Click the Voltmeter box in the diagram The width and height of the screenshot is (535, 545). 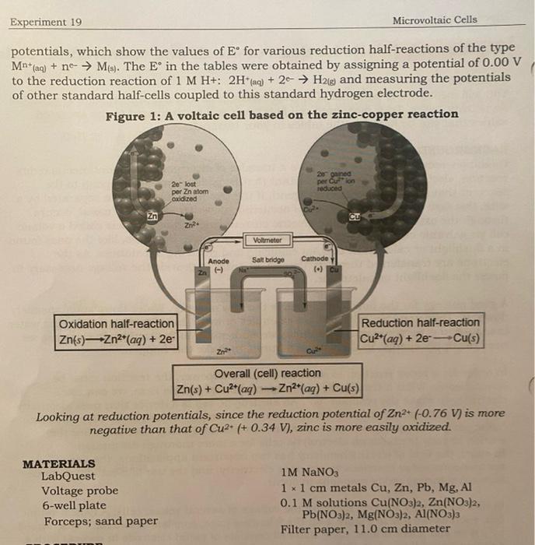(x=266, y=239)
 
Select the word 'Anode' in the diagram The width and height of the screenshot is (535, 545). (x=219, y=261)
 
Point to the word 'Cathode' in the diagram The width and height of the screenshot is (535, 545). (x=315, y=259)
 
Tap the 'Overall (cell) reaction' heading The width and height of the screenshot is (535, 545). (x=267, y=373)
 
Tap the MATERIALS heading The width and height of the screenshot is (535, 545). (x=59, y=463)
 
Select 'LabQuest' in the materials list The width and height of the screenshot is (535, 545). (x=68, y=476)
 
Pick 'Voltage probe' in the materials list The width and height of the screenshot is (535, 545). (x=80, y=490)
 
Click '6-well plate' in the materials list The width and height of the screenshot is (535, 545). (x=74, y=505)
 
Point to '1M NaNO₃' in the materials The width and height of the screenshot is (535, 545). (x=310, y=472)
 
